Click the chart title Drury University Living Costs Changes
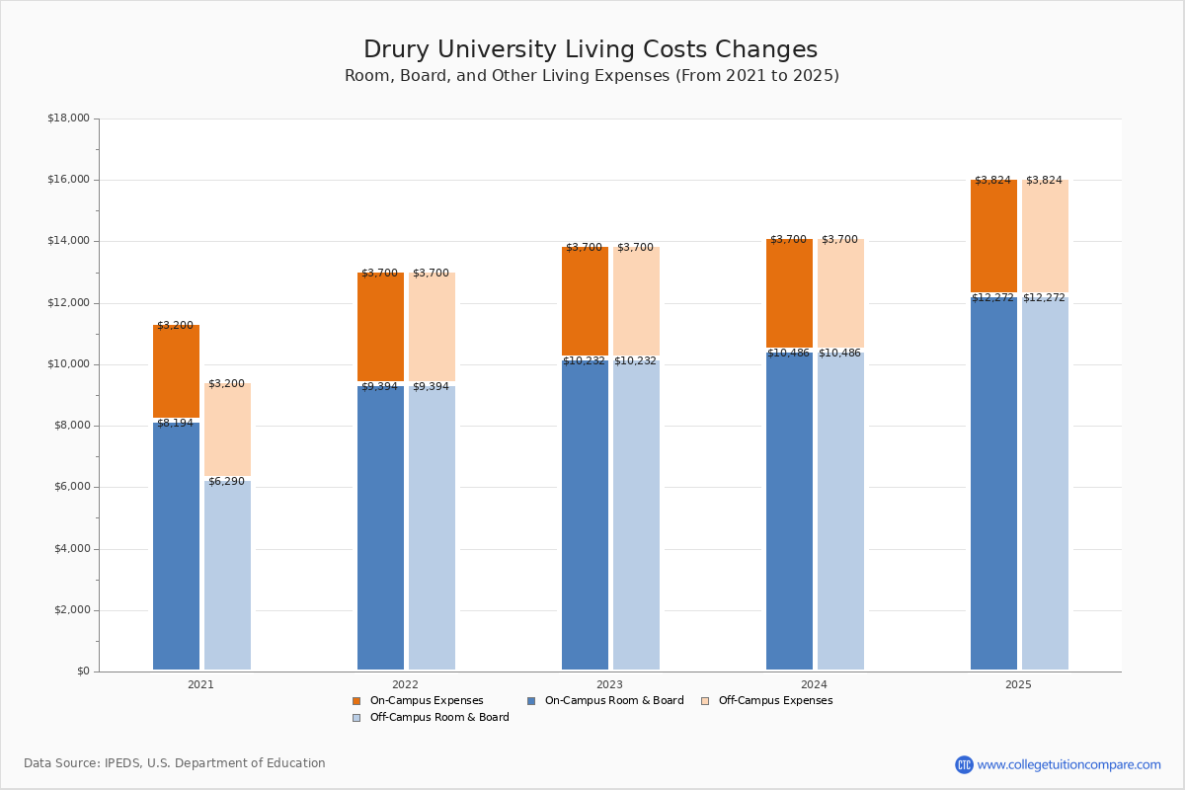click(x=591, y=50)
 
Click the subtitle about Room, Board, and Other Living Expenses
click(x=592, y=76)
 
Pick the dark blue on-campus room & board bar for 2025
click(x=993, y=484)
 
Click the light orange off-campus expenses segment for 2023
click(x=636, y=301)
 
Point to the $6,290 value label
click(x=226, y=482)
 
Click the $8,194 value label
click(x=175, y=424)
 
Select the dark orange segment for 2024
click(x=789, y=294)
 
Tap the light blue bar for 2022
click(x=432, y=528)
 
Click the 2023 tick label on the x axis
click(x=609, y=684)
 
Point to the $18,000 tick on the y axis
click(x=68, y=118)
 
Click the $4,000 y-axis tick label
click(x=68, y=549)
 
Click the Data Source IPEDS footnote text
click(x=175, y=763)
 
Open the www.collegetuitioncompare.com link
click(x=1068, y=764)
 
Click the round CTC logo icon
click(x=964, y=764)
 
